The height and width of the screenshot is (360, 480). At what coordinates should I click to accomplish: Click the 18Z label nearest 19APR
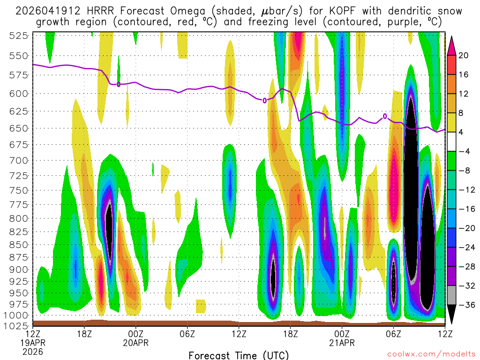84,334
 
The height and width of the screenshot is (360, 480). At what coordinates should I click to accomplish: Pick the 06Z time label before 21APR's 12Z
393,334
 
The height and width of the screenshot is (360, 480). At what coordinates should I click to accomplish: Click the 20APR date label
135,343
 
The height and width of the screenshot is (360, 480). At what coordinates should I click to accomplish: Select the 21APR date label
342,343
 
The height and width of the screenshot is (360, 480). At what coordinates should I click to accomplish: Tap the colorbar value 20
464,55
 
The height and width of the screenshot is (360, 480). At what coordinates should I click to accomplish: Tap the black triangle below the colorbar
451,314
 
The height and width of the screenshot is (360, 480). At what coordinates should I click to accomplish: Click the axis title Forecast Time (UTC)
239,355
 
